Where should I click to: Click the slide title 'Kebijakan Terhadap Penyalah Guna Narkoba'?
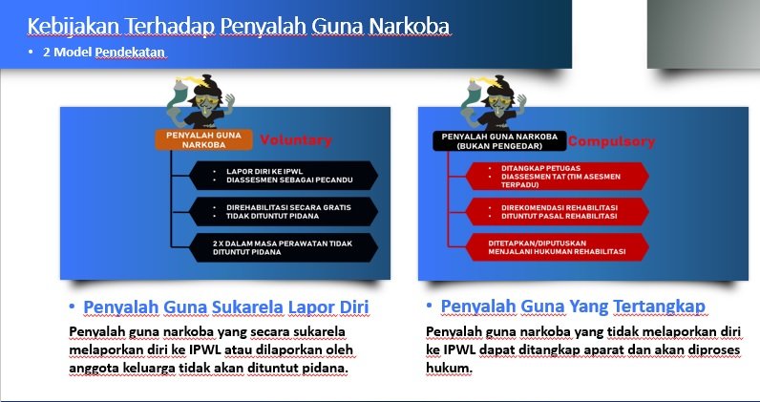[239, 26]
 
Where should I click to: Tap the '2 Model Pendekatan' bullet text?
[104, 53]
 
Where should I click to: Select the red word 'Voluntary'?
[296, 140]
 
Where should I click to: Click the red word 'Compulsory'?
[612, 142]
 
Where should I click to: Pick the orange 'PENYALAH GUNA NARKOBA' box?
[202, 139]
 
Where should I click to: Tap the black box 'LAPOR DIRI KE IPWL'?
[276, 175]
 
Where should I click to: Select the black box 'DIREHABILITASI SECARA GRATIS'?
[276, 210]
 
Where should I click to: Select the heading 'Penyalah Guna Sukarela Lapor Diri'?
[226, 307]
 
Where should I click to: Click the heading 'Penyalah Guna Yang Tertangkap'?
[573, 306]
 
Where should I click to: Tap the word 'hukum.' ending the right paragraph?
[449, 368]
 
